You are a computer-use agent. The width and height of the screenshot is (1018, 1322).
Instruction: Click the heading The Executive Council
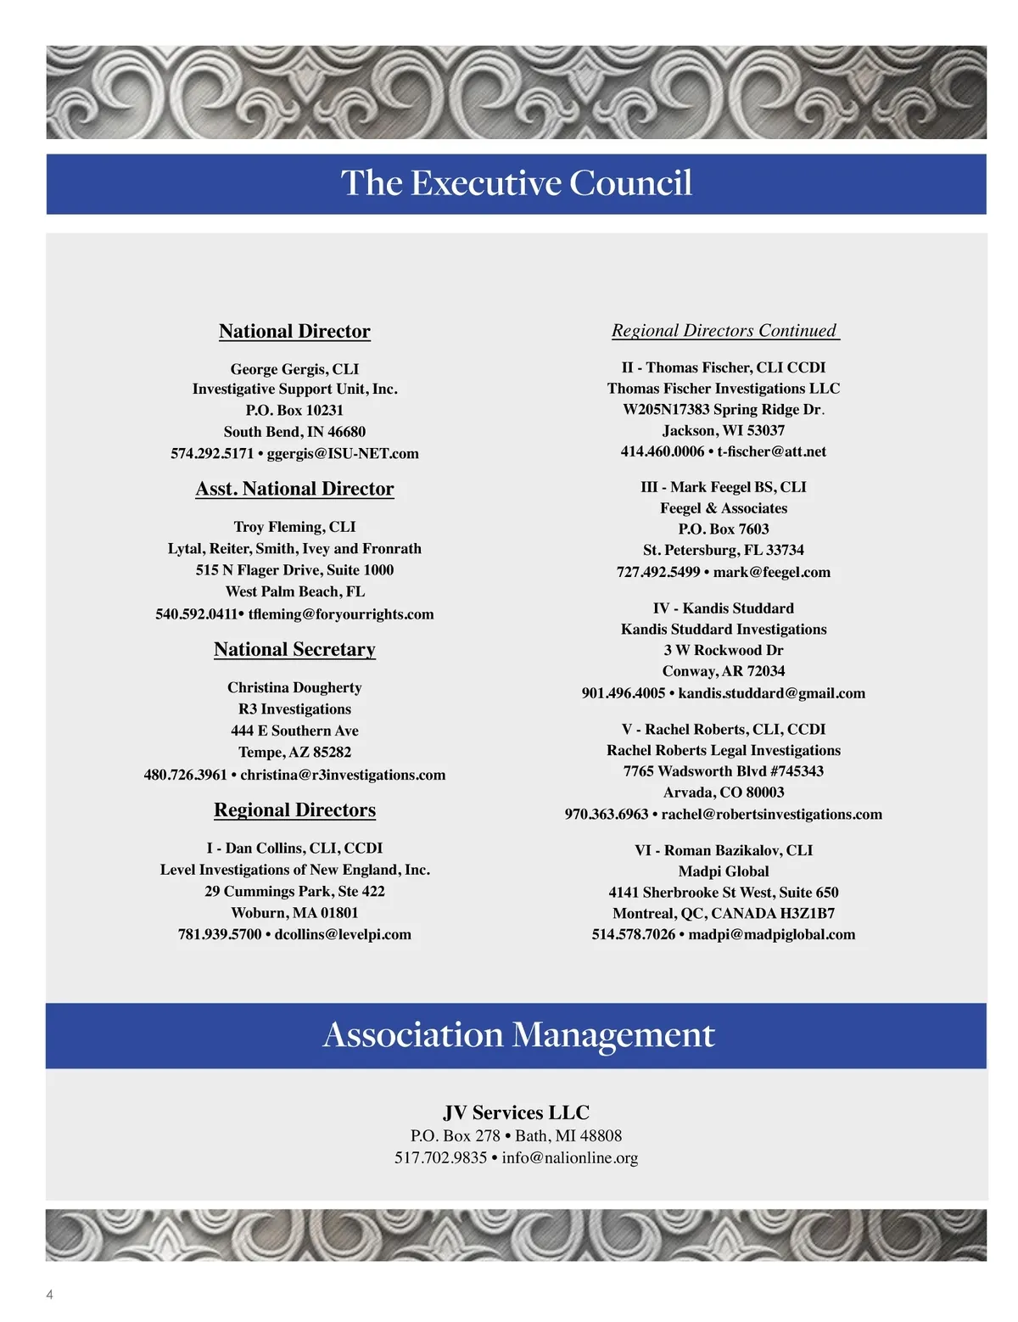tap(516, 183)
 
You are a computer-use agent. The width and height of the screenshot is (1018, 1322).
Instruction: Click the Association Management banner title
tap(518, 1034)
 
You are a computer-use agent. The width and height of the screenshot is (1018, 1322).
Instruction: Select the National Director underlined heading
tap(294, 331)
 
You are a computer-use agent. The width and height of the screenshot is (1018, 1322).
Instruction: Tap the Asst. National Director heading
tap(294, 489)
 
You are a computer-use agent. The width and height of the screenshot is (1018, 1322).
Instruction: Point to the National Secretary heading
tap(294, 649)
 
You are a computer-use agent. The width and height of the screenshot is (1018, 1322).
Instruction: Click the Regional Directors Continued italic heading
tap(724, 330)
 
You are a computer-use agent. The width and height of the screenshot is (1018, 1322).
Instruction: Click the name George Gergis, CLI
tap(294, 369)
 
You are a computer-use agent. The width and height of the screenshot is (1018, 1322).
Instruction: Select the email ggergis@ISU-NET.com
tap(343, 453)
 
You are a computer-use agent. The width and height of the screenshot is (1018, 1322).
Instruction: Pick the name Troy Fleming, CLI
tap(294, 527)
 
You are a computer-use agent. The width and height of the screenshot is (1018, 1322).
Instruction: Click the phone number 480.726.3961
tap(186, 775)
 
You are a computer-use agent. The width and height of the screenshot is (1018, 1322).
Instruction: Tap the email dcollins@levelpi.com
tap(343, 934)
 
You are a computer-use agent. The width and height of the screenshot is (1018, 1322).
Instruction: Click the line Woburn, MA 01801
tap(294, 913)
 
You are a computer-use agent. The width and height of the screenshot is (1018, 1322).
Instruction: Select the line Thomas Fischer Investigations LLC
tap(724, 389)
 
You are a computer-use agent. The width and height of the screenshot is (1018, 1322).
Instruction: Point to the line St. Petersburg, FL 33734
tap(724, 550)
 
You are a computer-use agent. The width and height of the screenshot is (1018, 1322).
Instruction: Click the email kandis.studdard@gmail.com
tap(771, 693)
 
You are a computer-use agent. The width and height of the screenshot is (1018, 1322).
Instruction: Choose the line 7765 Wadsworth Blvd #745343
tap(724, 771)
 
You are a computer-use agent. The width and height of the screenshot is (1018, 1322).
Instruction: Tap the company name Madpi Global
tap(724, 871)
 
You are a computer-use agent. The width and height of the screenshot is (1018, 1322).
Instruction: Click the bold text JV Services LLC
tap(516, 1112)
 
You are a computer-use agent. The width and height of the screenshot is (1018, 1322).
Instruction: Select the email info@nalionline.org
tap(569, 1157)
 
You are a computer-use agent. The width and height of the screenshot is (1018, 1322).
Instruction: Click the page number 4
tap(49, 1295)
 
